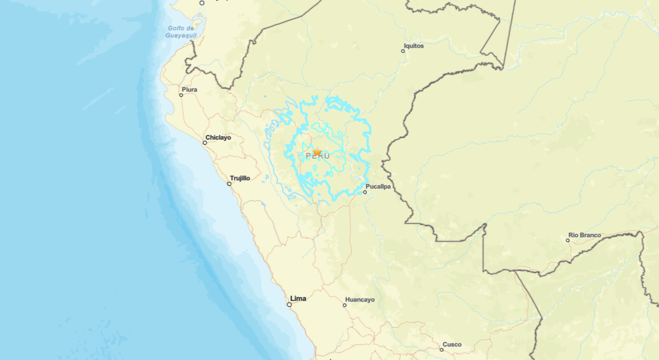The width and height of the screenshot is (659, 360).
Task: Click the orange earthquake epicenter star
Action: (317, 153)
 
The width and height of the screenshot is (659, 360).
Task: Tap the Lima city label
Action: (298, 299)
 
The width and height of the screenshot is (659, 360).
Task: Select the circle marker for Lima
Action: (290, 305)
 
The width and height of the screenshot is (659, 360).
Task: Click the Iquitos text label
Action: (414, 46)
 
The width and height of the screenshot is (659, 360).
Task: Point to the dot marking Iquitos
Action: (403, 51)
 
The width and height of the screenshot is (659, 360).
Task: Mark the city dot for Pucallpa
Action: (365, 192)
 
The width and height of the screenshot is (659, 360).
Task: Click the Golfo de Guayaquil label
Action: (181, 32)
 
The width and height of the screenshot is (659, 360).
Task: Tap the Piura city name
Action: (190, 90)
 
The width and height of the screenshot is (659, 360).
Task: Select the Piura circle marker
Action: (181, 95)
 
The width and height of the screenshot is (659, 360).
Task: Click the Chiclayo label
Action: (218, 137)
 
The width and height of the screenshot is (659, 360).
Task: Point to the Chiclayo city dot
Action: (205, 143)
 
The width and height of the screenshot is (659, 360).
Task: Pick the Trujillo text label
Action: (240, 178)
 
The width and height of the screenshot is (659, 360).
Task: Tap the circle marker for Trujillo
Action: (229, 184)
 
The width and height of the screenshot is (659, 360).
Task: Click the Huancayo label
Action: (360, 300)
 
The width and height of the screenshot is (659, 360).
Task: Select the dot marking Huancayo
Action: (344, 305)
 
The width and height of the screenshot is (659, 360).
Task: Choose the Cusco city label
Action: (452, 345)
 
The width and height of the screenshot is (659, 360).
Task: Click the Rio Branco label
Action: (585, 235)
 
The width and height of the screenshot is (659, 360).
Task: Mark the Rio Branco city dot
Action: (567, 240)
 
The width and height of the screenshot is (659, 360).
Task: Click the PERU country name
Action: (317, 156)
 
